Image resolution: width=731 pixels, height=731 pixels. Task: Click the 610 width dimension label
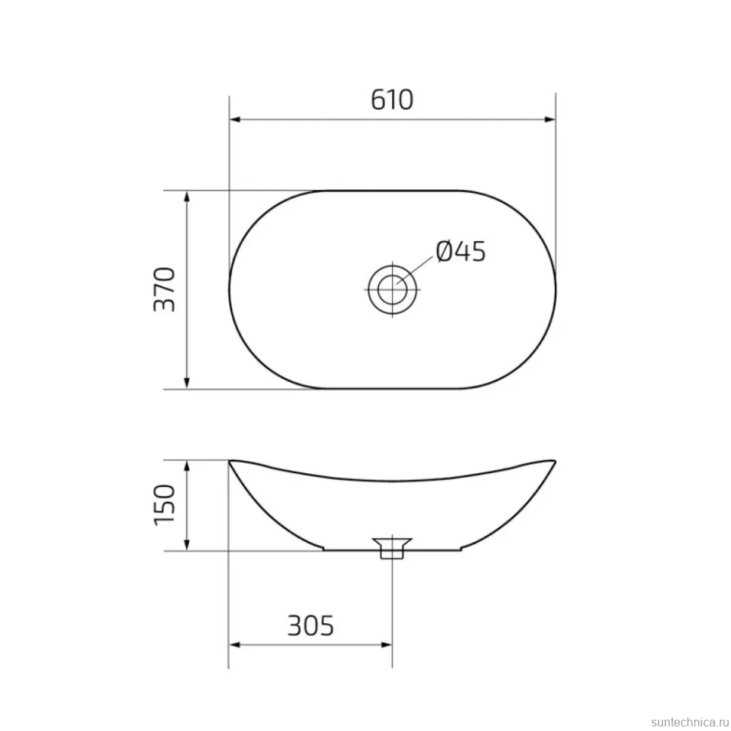(x=392, y=99)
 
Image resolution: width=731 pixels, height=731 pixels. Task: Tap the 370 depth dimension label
(x=164, y=289)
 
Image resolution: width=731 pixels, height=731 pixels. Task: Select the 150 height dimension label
(x=164, y=504)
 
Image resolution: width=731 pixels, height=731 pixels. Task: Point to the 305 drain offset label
(x=310, y=625)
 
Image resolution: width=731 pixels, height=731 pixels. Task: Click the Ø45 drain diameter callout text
(x=461, y=251)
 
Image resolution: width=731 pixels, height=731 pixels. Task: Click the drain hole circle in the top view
(x=392, y=289)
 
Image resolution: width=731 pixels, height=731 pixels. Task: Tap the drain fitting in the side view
(x=392, y=548)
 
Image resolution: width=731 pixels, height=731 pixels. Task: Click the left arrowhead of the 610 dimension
(x=235, y=119)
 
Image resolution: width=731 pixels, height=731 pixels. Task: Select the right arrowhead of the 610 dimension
(x=549, y=119)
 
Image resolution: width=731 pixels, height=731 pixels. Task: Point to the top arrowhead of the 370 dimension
(x=187, y=197)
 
